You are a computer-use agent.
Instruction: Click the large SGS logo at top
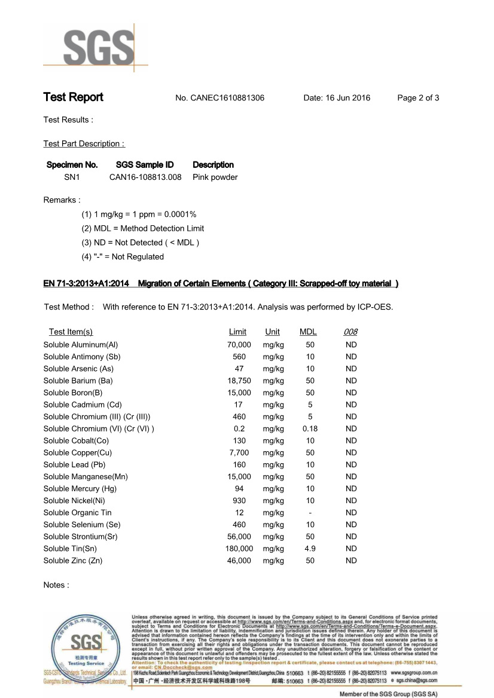click(x=96, y=48)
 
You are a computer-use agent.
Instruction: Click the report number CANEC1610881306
click(x=227, y=98)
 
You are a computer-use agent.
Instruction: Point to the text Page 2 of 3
click(x=418, y=98)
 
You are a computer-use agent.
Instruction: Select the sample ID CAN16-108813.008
click(x=145, y=177)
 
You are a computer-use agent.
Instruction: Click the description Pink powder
click(x=215, y=177)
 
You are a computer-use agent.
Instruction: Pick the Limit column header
click(x=237, y=332)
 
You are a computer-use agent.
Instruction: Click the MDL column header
click(x=308, y=332)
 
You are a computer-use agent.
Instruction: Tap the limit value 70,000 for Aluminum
click(x=239, y=345)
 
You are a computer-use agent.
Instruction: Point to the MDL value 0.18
click(x=310, y=428)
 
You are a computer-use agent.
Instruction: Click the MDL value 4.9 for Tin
click(x=310, y=549)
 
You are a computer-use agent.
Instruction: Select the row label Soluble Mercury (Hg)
click(x=80, y=489)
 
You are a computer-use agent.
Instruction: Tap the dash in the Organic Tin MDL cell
click(x=310, y=513)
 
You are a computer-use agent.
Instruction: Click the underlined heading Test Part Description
click(x=84, y=144)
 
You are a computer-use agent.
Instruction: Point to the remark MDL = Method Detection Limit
click(x=143, y=228)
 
